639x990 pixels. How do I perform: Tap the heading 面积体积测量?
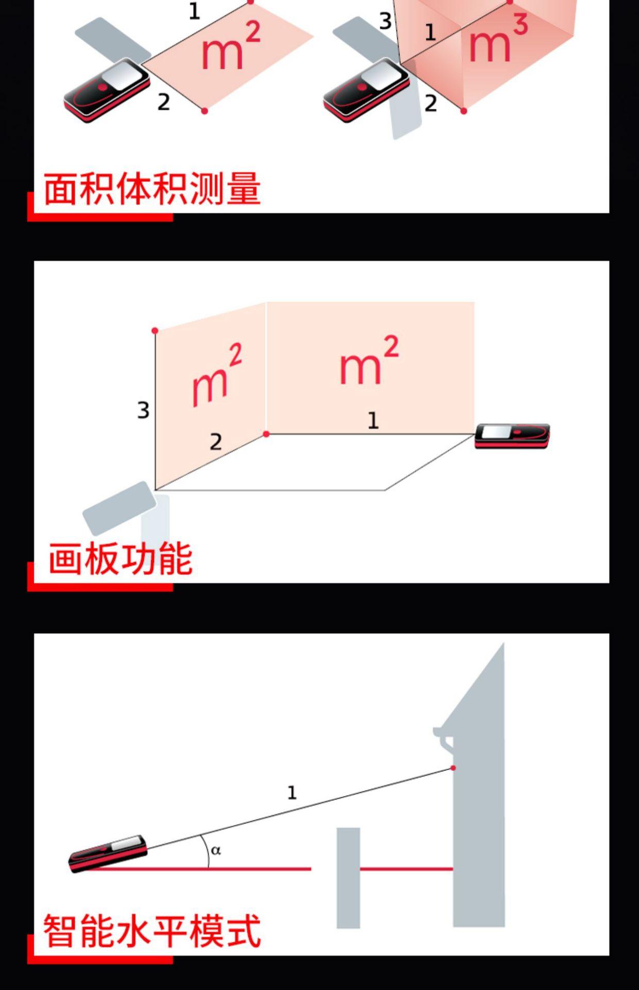[x=152, y=189]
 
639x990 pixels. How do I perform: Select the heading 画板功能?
[x=121, y=558]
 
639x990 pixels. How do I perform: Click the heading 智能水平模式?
[x=152, y=931]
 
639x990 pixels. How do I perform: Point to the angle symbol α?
[x=216, y=850]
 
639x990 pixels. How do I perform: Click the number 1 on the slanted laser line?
[x=292, y=793]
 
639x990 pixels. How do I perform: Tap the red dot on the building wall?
[x=453, y=768]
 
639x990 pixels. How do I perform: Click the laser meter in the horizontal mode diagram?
[x=108, y=853]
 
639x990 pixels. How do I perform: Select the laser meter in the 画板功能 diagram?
[x=512, y=436]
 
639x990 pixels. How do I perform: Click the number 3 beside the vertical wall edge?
[x=143, y=410]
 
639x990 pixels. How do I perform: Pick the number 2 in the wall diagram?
[x=216, y=441]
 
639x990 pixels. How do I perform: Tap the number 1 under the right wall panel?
[x=373, y=421]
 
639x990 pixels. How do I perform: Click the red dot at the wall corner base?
[x=266, y=434]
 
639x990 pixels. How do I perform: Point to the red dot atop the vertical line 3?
[x=155, y=331]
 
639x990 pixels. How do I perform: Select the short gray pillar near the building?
[x=348, y=878]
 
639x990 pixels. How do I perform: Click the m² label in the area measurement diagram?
[x=230, y=46]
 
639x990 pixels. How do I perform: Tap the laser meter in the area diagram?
[x=107, y=91]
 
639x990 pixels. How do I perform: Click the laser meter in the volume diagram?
[x=367, y=91]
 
